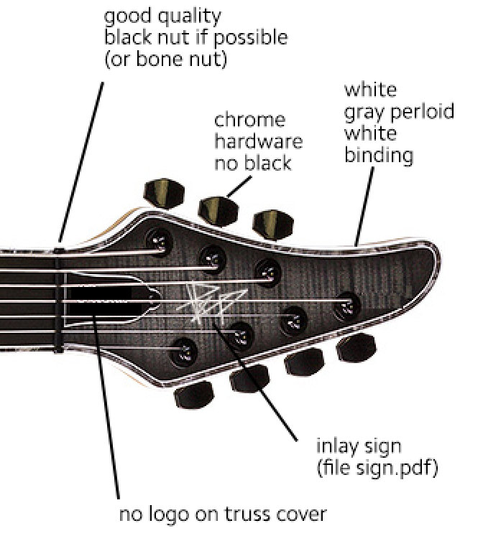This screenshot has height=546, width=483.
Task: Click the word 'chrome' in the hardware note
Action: pos(249,121)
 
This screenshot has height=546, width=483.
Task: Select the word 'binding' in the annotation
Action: pos(379,154)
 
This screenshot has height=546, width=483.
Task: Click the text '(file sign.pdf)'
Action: pos(377,467)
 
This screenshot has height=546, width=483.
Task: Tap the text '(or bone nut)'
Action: pos(165,58)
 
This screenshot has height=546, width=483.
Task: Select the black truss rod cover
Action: pos(112,299)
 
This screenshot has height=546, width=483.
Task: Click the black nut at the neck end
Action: pos(59,300)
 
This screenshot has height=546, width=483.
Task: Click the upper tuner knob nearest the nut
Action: pos(164,194)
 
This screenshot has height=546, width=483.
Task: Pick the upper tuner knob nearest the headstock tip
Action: pos(273,225)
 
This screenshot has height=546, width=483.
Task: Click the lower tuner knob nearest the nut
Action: pos(194,394)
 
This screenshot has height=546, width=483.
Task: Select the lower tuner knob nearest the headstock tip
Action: pos(356,347)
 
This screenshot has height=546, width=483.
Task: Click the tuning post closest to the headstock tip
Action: pos(347,306)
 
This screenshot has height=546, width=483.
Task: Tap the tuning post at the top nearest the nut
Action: pos(159,240)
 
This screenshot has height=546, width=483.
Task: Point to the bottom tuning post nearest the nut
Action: pos(184,352)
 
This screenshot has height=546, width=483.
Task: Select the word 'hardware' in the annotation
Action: pos(259,142)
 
